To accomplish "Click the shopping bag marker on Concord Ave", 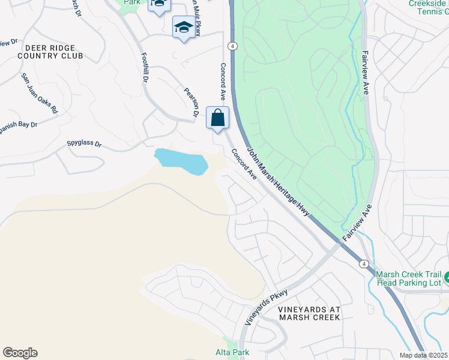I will [217, 118].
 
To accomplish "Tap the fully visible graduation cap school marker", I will [184, 27].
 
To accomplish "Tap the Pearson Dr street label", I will [191, 102].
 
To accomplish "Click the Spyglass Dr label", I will [84, 144].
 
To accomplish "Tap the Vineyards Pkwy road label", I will [267, 307].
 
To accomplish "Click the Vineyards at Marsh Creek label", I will [309, 313].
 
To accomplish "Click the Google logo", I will [20, 352].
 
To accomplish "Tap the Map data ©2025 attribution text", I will [423, 355].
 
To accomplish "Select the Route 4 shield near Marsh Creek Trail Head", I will [363, 263].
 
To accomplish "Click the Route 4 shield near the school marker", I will [233, 46].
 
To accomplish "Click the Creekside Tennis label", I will [429, 7].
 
